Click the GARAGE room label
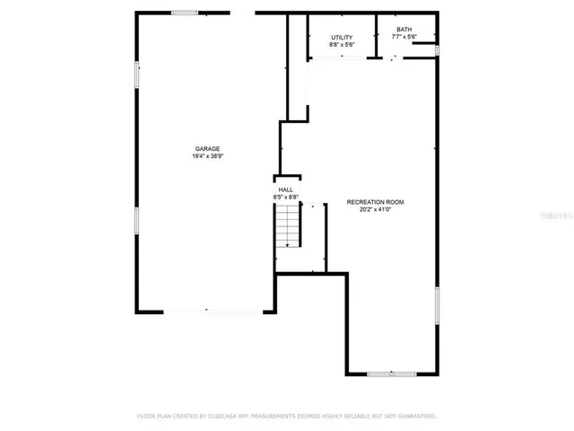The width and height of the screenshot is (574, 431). point(208,149)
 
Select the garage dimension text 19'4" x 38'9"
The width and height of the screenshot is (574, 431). point(208,157)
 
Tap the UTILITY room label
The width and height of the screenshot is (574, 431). point(342,37)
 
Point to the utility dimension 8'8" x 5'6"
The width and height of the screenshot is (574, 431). point(342,44)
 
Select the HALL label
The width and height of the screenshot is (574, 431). point(286,190)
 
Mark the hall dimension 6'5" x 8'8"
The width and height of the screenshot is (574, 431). point(286,198)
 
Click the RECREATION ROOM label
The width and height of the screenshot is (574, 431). point(376,203)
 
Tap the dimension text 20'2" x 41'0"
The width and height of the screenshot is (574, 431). point(376,211)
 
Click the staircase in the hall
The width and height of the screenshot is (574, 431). point(287,225)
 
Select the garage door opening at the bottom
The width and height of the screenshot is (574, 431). point(206,312)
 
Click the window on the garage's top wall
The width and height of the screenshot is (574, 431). point(185,13)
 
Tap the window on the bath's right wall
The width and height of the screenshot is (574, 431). point(437,50)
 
